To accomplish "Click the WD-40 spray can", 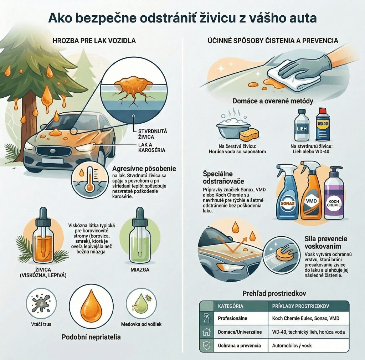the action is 323,124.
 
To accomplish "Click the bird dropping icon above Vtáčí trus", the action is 41,303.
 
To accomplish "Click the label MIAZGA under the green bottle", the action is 140,270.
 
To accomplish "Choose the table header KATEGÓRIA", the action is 231,306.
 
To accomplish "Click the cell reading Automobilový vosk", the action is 292,346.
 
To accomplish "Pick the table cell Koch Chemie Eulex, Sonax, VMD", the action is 305,318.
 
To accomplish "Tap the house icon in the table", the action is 206,332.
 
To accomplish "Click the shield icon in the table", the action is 206,346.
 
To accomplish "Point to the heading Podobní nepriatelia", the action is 91,337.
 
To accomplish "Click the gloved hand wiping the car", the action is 303,67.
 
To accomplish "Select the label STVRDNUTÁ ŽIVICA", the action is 153,134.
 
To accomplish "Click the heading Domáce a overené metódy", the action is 273,101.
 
